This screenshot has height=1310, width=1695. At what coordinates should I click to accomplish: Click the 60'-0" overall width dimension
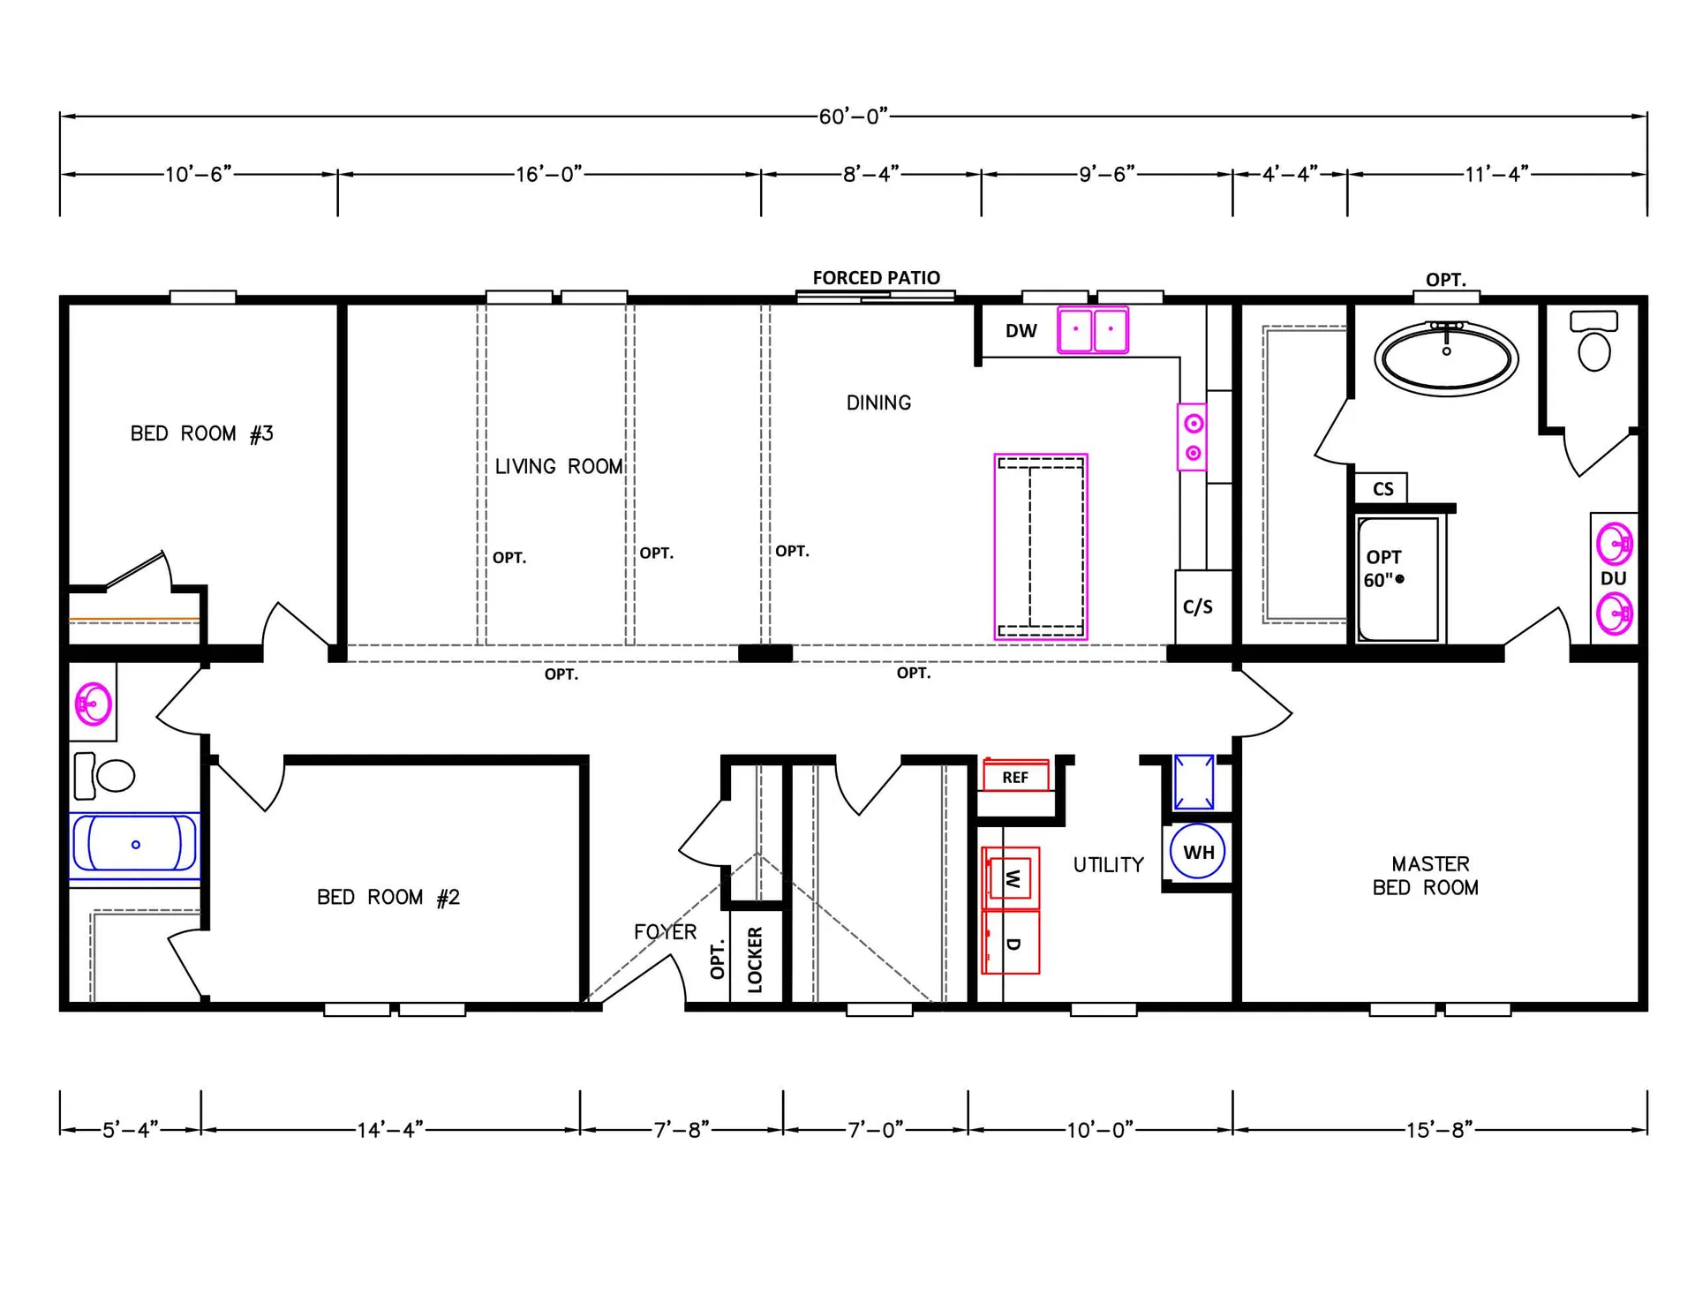[x=853, y=117]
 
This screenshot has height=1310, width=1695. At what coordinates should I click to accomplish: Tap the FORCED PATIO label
[x=876, y=278]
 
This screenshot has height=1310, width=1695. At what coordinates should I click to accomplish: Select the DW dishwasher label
[x=1021, y=331]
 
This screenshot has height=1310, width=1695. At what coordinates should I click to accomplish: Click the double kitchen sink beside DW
[x=1093, y=330]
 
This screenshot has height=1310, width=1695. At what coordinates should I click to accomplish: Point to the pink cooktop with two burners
[x=1193, y=438]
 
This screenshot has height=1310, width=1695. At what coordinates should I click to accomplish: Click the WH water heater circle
[x=1198, y=852]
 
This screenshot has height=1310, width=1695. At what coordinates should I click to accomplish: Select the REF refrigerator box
[x=1016, y=775]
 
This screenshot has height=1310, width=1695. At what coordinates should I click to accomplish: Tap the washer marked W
[x=1011, y=878]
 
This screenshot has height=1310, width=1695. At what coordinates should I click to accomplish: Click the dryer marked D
[x=1011, y=942]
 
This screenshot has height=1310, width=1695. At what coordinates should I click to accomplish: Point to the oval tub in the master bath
[x=1446, y=358]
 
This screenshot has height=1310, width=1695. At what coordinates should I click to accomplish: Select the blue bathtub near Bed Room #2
[x=135, y=845]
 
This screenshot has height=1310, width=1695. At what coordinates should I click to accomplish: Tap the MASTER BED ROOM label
[x=1427, y=876]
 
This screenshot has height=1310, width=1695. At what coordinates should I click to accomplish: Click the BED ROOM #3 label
[x=201, y=433]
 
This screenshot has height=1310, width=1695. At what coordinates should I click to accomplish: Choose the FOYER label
[x=665, y=931]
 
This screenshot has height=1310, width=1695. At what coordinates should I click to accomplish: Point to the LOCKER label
[x=755, y=960]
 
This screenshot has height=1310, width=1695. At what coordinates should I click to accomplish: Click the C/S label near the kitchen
[x=1198, y=606]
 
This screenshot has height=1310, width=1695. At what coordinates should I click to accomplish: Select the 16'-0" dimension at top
[x=548, y=174]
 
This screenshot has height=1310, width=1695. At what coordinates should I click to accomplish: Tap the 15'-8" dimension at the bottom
[x=1439, y=1130]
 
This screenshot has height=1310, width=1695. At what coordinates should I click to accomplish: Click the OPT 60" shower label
[x=1384, y=568]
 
